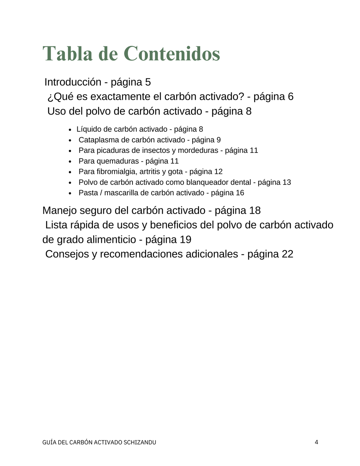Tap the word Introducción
tap(73, 82)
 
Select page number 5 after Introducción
tap(148, 82)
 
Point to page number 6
tap(290, 97)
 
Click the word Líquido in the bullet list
tap(89, 129)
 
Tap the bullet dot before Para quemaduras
tap(70, 162)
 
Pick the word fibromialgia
tap(117, 172)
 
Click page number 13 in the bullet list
tap(287, 182)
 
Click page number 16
tap(240, 193)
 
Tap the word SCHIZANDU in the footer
tap(140, 442)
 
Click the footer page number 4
tap(316, 442)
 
